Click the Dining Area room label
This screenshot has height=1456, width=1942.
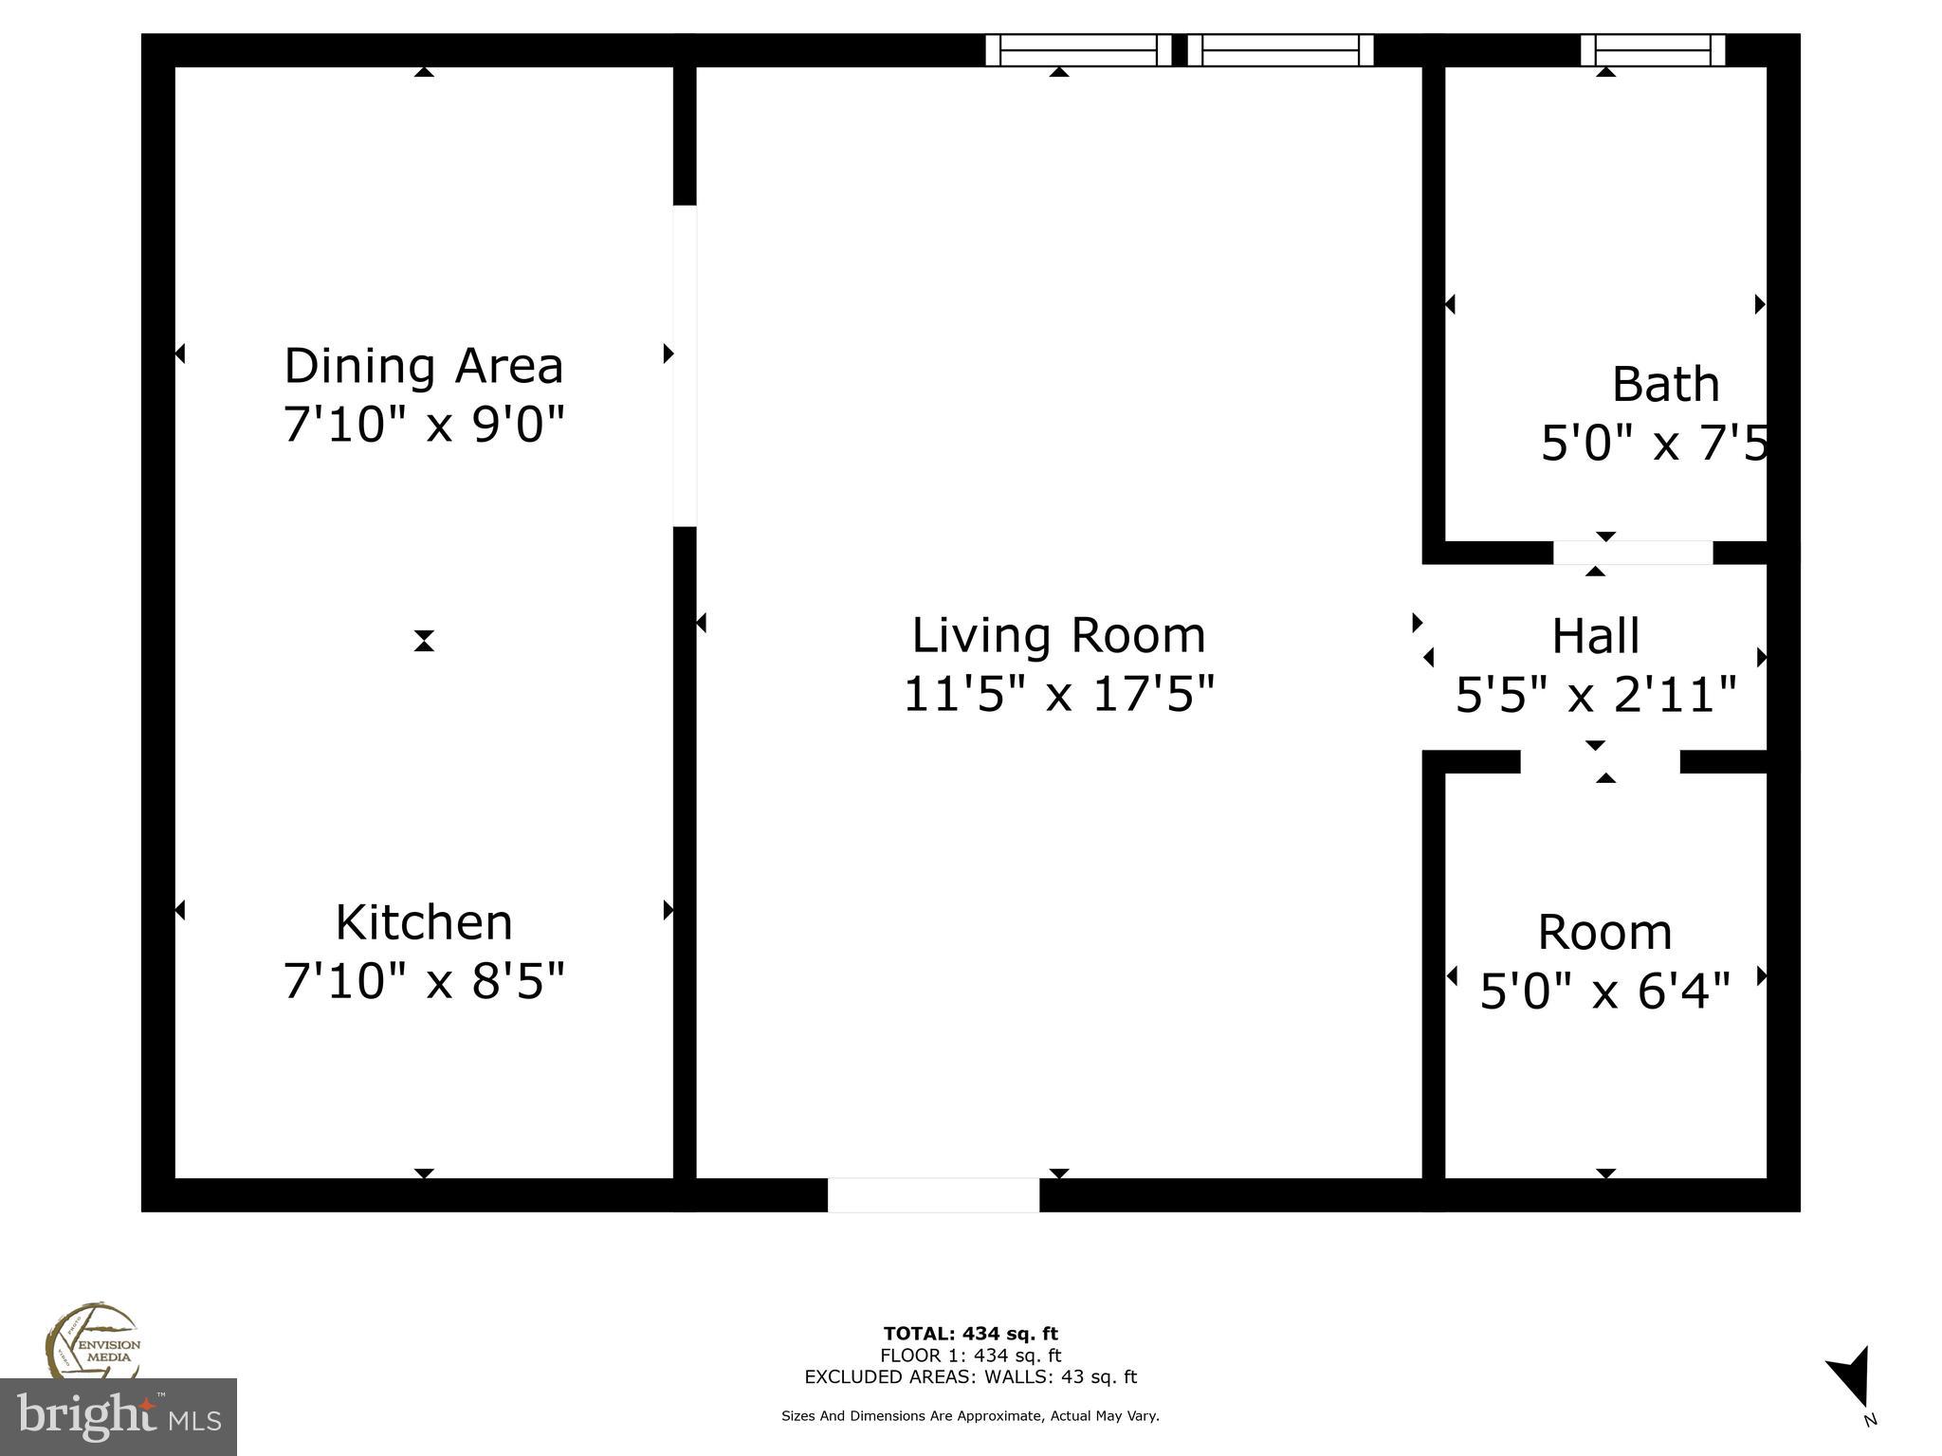(423, 366)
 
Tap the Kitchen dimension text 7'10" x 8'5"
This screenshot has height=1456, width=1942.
(423, 980)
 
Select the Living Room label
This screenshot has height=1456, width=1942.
(1058, 635)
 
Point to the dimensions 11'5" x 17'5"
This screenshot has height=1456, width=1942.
(1058, 694)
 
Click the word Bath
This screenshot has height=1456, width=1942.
(1665, 385)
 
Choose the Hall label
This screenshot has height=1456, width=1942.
(1595, 636)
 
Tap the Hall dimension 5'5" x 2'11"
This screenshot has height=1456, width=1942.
(1595, 695)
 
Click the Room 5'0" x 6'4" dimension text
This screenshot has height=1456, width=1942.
(1604, 992)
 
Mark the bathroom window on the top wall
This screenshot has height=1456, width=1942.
(1652, 50)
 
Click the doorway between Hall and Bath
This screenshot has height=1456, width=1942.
(1632, 553)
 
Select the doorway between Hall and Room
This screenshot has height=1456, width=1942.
(1600, 761)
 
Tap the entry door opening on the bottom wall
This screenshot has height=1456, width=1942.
(933, 1194)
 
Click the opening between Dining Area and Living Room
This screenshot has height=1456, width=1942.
(685, 366)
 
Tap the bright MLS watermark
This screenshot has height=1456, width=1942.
(118, 1416)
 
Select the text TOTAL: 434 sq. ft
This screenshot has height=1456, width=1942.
(970, 1334)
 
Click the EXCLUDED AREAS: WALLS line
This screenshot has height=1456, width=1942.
(970, 1377)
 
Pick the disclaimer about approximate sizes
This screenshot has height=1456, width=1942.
(970, 1416)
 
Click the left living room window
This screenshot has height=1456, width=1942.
(1078, 50)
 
